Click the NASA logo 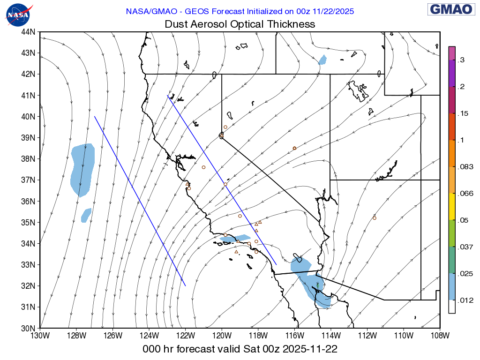point(19,15)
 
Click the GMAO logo point(450,9)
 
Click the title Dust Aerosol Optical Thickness point(240,24)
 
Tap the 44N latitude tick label point(29,32)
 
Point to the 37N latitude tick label point(29,180)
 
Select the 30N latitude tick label point(29,328)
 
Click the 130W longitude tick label point(40,336)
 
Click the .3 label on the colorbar point(461,60)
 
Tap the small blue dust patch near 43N point(322,60)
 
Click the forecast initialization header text point(240,11)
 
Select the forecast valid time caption point(240,349)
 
